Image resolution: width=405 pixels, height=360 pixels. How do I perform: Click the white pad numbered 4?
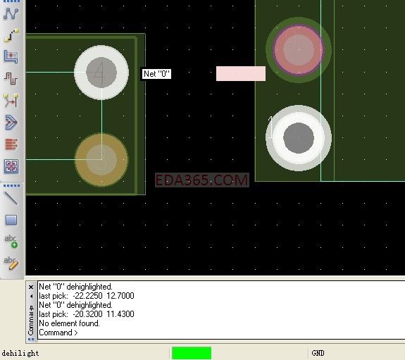(x=101, y=73)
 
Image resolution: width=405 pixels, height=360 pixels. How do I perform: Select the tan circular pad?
(x=101, y=159)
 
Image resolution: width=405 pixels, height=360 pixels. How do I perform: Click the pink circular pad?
(x=299, y=49)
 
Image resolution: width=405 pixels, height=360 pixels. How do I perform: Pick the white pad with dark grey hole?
(x=299, y=138)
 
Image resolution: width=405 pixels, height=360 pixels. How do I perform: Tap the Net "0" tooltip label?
(x=156, y=74)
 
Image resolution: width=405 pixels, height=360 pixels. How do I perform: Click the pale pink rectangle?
(x=241, y=73)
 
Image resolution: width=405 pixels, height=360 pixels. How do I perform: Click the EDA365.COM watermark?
(x=201, y=180)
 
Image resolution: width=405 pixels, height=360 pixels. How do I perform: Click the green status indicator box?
(x=192, y=353)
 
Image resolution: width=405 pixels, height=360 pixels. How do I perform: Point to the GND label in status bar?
(x=318, y=353)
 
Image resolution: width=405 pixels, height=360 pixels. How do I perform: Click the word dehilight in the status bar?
(x=20, y=353)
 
